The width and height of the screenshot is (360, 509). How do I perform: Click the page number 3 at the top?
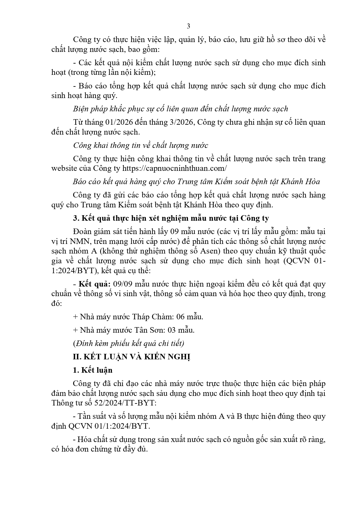(x=188, y=26)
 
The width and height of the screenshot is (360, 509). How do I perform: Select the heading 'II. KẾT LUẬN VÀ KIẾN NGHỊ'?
(x=131, y=357)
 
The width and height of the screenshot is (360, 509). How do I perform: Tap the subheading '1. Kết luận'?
(x=93, y=370)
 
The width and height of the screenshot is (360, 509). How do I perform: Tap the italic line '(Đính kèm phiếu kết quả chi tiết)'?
(x=129, y=343)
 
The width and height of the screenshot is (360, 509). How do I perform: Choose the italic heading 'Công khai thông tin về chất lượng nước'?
(x=140, y=145)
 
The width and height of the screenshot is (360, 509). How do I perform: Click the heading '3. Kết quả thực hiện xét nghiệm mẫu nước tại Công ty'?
(x=171, y=218)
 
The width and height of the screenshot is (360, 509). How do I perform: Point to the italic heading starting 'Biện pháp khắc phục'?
(x=180, y=109)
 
